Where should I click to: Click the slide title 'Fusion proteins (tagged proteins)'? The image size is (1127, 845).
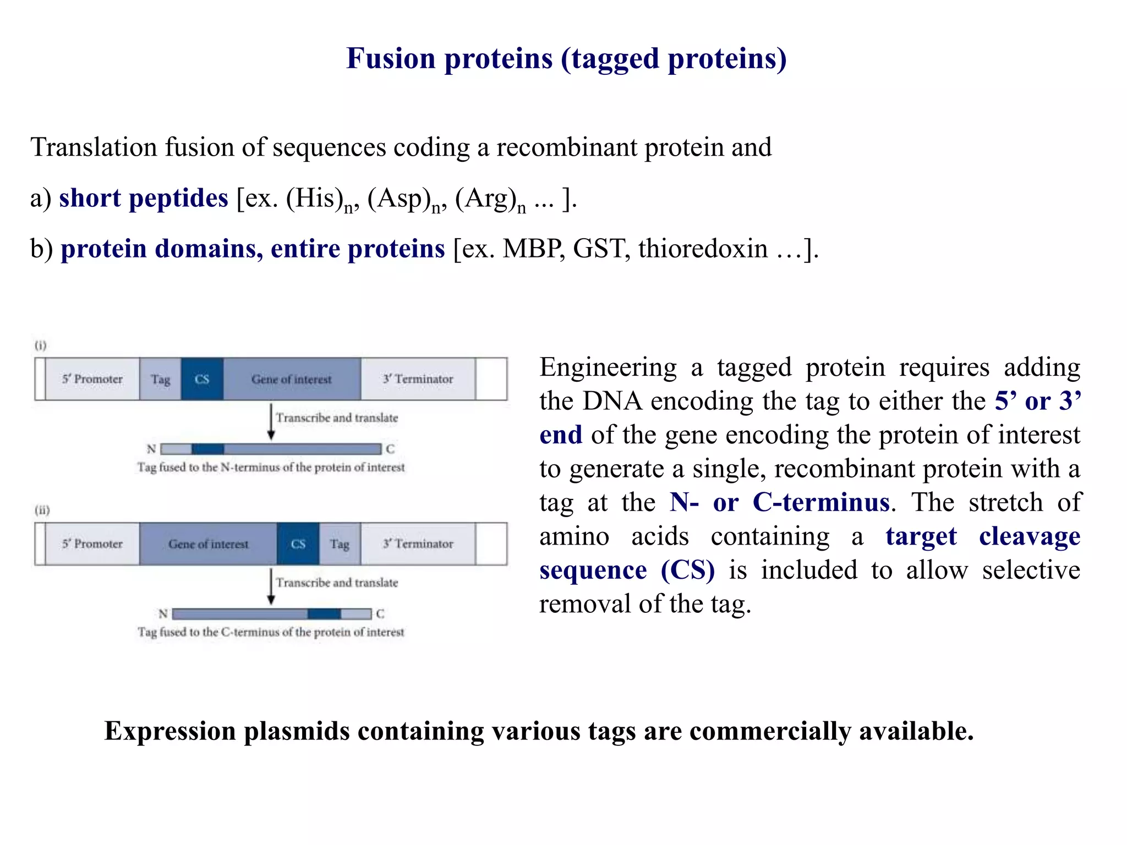pyautogui.click(x=566, y=58)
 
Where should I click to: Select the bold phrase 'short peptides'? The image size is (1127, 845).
pyautogui.click(x=143, y=198)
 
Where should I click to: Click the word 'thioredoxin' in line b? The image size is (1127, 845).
pyautogui.click(x=703, y=249)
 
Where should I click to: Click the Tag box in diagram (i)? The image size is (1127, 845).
pyautogui.click(x=160, y=379)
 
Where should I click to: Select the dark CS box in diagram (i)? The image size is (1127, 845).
pyautogui.click(x=202, y=379)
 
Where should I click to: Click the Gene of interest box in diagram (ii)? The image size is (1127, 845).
pyautogui.click(x=208, y=544)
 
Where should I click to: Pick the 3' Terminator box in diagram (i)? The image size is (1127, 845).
pyautogui.click(x=418, y=379)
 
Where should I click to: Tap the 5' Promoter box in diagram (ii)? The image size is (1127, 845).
pyautogui.click(x=92, y=544)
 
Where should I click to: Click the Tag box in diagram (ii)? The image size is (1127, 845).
pyautogui.click(x=340, y=544)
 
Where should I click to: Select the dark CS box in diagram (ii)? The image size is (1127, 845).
pyautogui.click(x=298, y=544)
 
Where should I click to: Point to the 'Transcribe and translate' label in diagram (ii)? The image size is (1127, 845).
pyautogui.click(x=337, y=583)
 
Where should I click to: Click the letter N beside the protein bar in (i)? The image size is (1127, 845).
pyautogui.click(x=151, y=449)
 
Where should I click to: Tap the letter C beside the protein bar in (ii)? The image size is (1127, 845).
pyautogui.click(x=380, y=613)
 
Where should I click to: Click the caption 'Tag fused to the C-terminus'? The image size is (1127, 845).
pyautogui.click(x=270, y=632)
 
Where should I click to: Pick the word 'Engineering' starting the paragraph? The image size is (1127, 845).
pyautogui.click(x=608, y=367)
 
